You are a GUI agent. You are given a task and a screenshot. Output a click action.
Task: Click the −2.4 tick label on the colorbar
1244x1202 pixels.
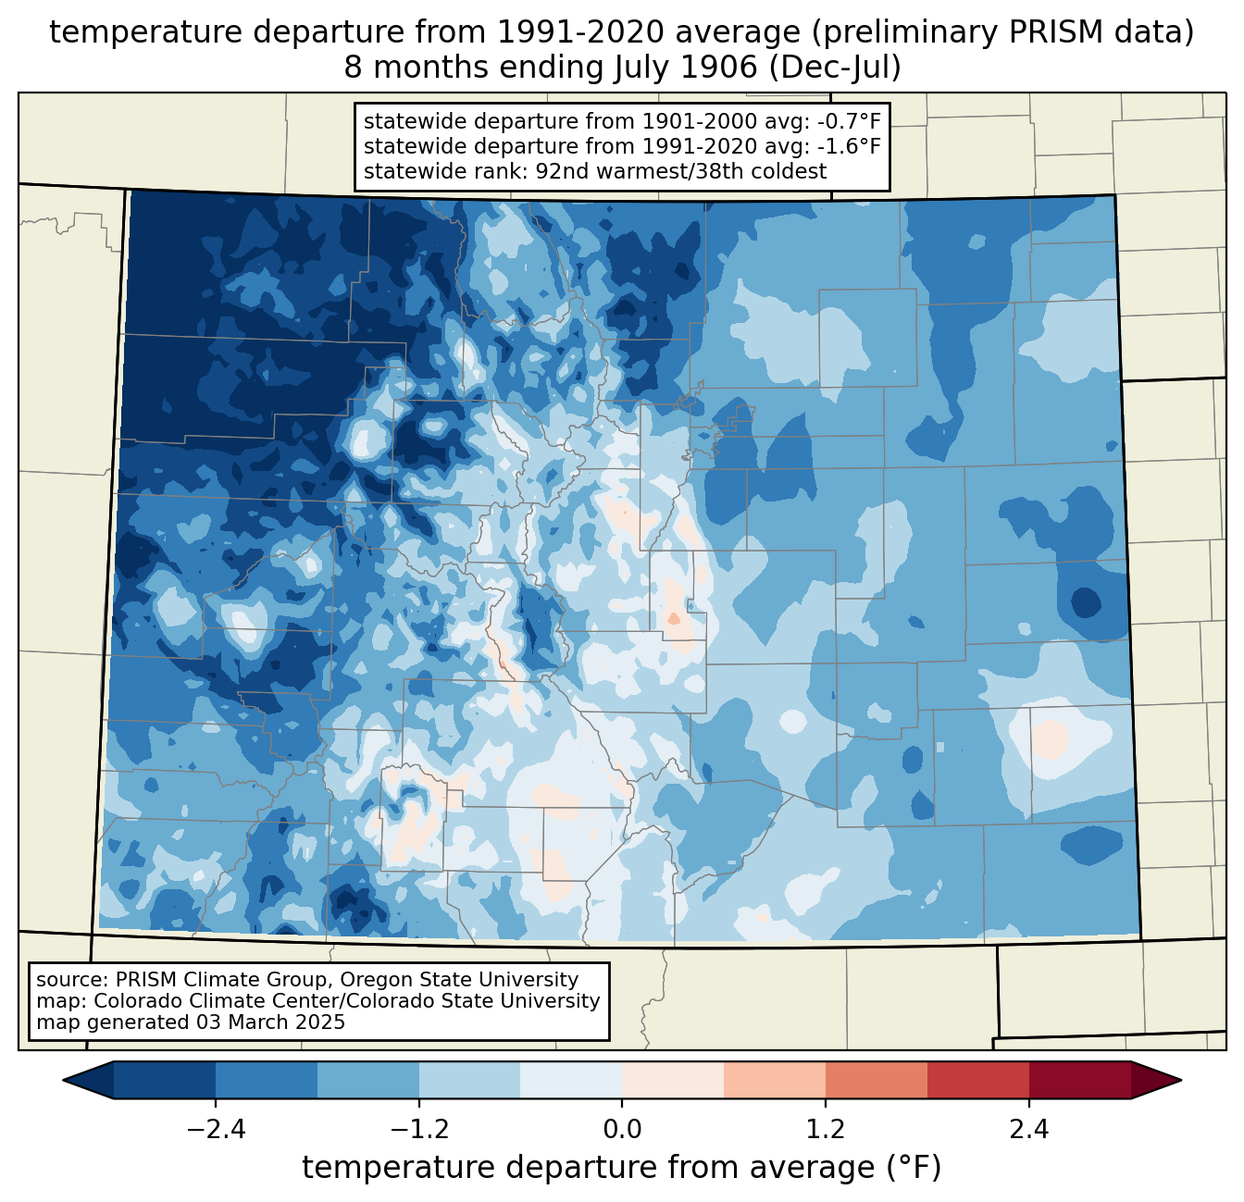[215, 1130]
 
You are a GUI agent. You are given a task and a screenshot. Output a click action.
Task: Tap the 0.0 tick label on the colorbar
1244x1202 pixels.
[622, 1130]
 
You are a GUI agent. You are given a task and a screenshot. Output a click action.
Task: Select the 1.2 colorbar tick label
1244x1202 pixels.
[825, 1130]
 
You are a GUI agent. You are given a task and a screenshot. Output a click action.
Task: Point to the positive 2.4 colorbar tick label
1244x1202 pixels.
[1028, 1130]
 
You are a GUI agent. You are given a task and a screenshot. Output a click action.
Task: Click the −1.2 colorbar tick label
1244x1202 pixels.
[418, 1130]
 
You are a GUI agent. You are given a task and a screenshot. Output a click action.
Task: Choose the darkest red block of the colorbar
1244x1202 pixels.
[1079, 1080]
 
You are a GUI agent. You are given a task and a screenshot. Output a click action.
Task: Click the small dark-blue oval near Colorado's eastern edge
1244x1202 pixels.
[1086, 602]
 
